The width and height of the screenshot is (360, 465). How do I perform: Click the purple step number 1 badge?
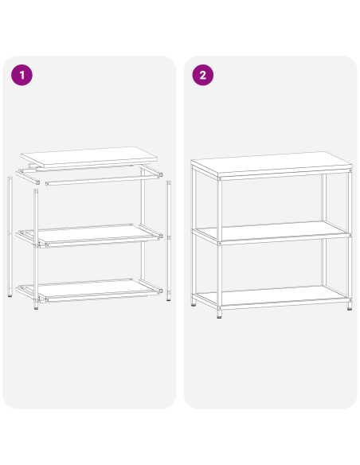click(x=22, y=76)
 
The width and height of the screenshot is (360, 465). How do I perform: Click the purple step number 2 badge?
click(x=203, y=76)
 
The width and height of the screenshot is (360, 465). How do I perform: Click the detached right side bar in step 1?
click(x=169, y=239)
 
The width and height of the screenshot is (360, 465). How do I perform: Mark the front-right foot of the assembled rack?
click(x=349, y=307)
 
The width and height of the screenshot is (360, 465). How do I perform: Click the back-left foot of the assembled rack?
click(x=195, y=304)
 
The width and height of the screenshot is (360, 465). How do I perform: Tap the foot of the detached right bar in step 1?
click(x=169, y=299)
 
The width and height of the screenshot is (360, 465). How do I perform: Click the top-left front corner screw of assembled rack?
click(x=220, y=181)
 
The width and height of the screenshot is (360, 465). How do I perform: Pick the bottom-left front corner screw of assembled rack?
click(x=220, y=303)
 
